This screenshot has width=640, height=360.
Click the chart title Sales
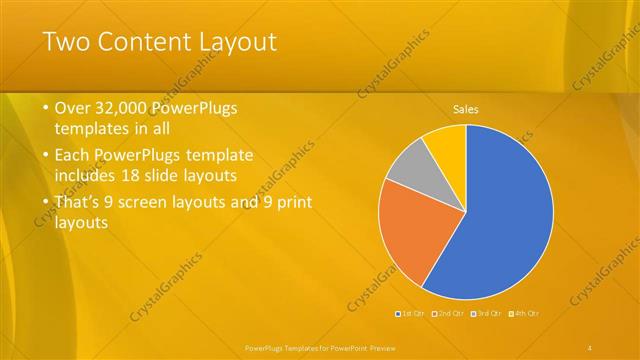tap(466, 108)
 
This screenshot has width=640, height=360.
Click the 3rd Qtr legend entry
tap(487, 314)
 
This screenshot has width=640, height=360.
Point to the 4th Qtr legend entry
tap(524, 314)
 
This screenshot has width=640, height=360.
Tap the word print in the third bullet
tap(292, 202)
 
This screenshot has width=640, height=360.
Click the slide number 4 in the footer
tap(590, 346)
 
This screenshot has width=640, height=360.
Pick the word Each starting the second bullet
tap(75, 156)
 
